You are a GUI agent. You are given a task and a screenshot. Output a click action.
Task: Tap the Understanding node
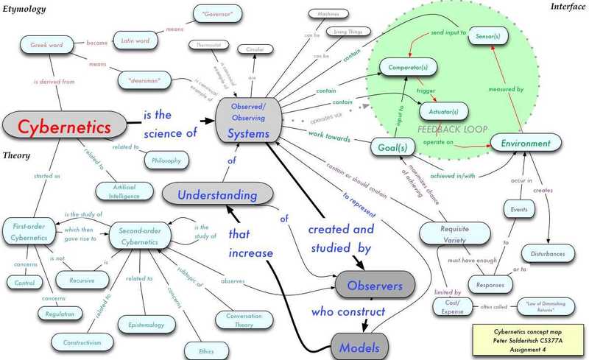coord(210,194)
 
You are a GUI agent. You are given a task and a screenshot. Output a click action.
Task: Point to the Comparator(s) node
coord(406,68)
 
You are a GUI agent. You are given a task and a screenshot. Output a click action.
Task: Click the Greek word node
coord(48,45)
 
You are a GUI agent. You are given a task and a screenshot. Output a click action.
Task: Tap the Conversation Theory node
coord(238,319)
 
